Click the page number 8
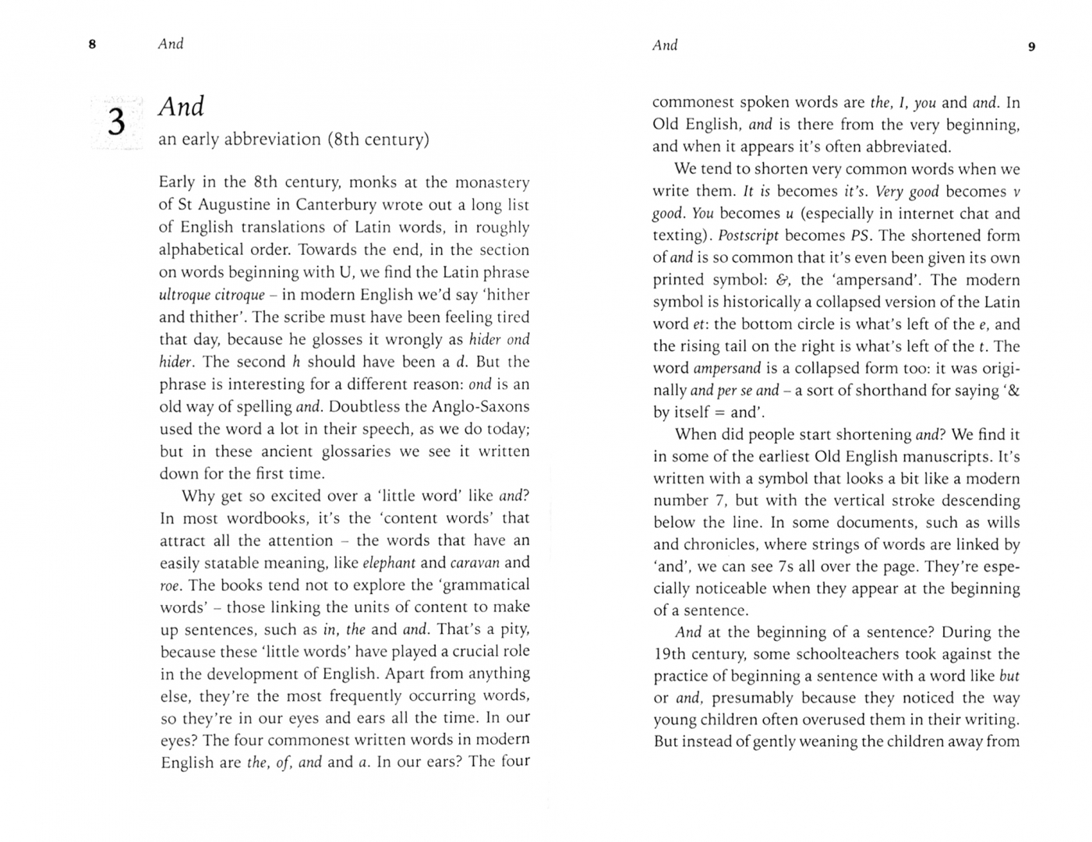[x=92, y=44]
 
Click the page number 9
[x=1032, y=47]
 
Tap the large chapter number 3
[x=116, y=122]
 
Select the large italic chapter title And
[x=181, y=106]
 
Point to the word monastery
[x=492, y=182]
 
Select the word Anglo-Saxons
[x=480, y=406]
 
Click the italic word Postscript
[x=748, y=235]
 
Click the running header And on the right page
[x=665, y=45]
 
